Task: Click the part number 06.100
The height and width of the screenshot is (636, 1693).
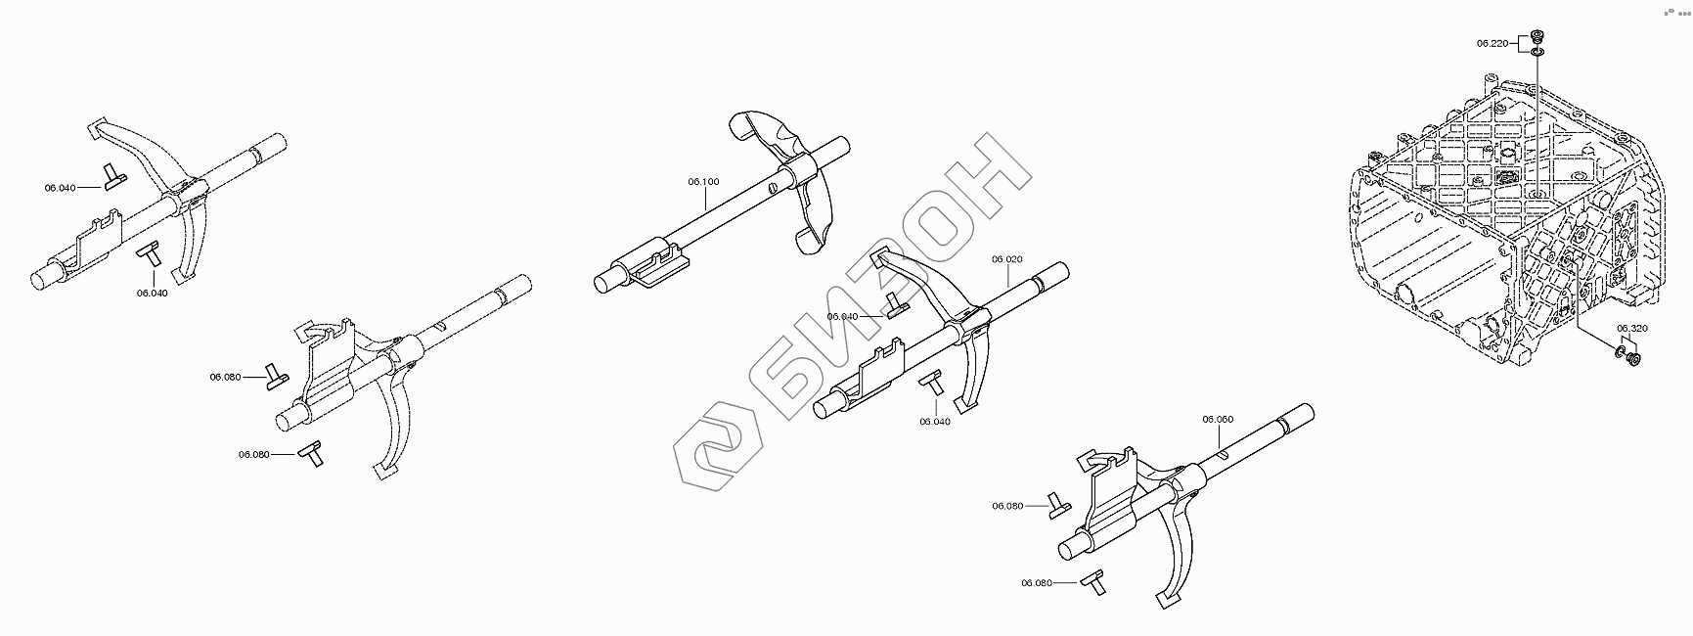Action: tap(703, 181)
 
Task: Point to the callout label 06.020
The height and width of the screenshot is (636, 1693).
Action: tap(1006, 259)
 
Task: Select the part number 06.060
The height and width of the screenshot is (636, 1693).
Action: tap(1217, 419)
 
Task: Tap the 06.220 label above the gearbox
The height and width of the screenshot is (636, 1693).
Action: tap(1492, 43)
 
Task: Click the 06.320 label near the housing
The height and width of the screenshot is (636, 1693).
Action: tap(1631, 329)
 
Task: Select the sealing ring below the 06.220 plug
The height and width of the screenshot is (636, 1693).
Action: tap(1537, 51)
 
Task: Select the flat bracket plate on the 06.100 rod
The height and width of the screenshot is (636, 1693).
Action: tap(661, 268)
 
